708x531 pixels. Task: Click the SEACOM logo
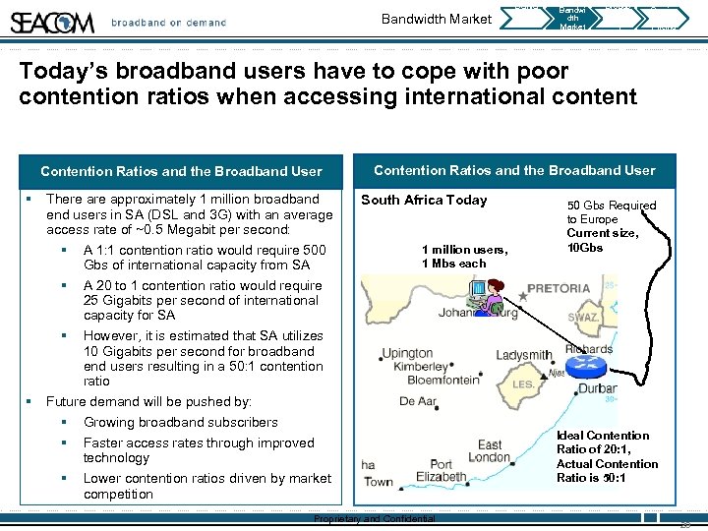point(53,21)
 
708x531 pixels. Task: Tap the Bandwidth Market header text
point(436,19)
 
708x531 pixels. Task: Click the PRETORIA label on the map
point(559,289)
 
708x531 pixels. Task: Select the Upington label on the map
point(406,352)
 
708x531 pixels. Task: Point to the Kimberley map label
point(420,366)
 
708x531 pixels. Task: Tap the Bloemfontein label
point(442,380)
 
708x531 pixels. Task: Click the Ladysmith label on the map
point(523,354)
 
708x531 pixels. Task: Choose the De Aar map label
point(418,401)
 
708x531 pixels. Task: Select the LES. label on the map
point(525,384)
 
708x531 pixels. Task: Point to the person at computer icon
point(485,295)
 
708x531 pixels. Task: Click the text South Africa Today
point(424,200)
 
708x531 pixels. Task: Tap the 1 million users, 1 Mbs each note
point(464,256)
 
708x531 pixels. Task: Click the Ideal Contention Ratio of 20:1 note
point(603,456)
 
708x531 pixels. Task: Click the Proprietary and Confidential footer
point(374,519)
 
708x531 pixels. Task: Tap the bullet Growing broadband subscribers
point(180,422)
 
